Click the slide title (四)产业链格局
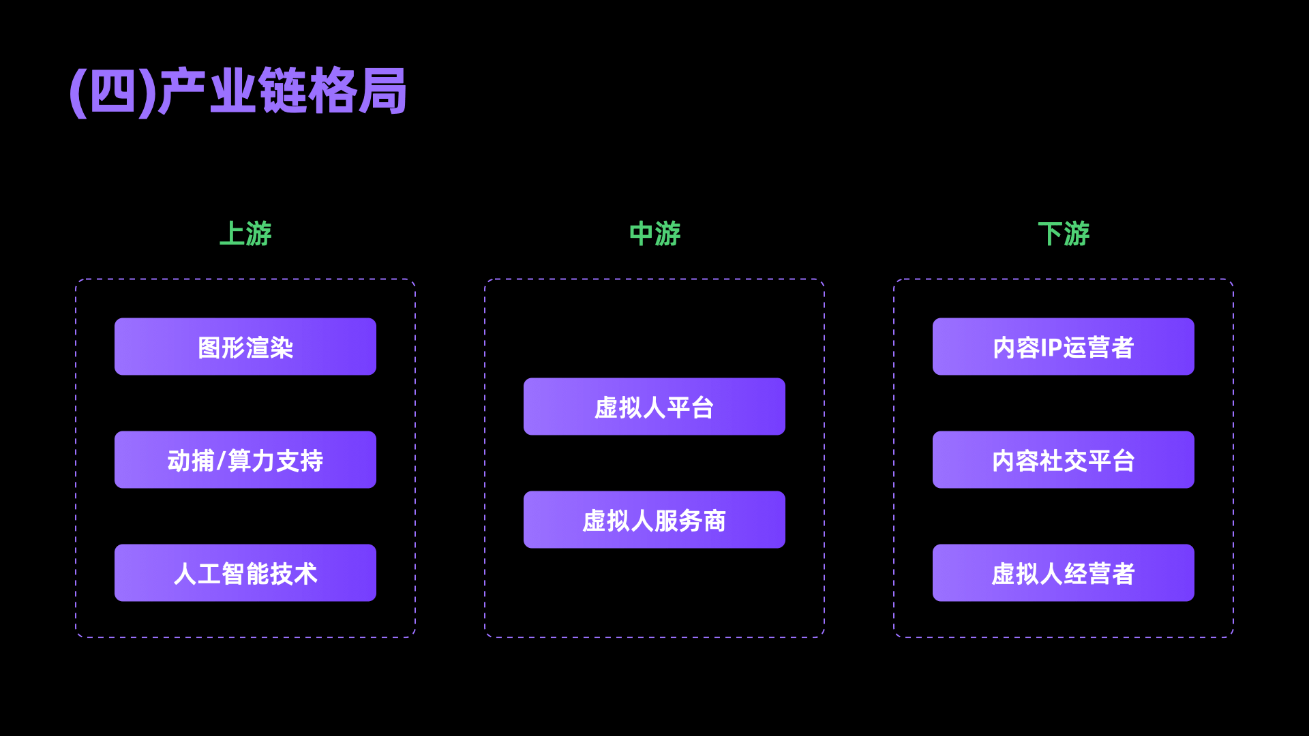[x=238, y=91]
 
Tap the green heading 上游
[x=245, y=234]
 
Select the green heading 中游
[x=654, y=234]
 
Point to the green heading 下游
[x=1064, y=234]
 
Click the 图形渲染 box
[x=245, y=347]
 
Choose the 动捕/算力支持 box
[x=245, y=460]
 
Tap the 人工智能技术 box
[x=245, y=573]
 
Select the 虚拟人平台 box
[x=654, y=407]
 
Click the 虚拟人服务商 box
[x=654, y=520]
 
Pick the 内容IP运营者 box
[x=1064, y=347]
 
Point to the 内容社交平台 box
[x=1064, y=460]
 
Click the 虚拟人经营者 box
[x=1064, y=573]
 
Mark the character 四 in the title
[x=113, y=91]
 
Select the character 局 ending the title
[x=383, y=91]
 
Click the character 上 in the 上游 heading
[x=232, y=234]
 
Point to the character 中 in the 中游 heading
[x=641, y=234]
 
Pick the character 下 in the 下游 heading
[x=1050, y=234]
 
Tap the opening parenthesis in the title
[x=78, y=93]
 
